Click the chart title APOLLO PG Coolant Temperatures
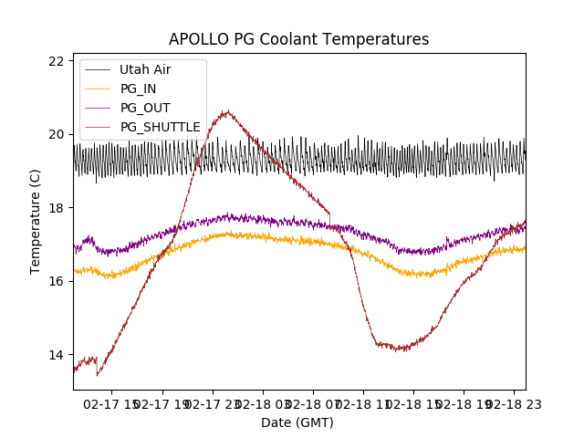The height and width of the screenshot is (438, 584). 298,39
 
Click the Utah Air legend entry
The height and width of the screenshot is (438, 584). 145,69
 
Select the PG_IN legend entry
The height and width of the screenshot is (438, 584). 138,89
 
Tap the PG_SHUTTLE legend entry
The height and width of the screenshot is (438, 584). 160,127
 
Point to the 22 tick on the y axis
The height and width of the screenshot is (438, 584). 57,61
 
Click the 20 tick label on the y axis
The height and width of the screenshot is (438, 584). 57,134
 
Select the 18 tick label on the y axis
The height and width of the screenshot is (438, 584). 57,208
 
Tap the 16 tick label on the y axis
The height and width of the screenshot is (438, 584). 57,281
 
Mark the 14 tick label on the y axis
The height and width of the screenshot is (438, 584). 57,355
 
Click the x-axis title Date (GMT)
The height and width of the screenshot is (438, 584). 297,422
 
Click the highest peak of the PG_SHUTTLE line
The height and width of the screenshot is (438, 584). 226,111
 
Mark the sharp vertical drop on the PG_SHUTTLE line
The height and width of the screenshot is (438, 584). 98,367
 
